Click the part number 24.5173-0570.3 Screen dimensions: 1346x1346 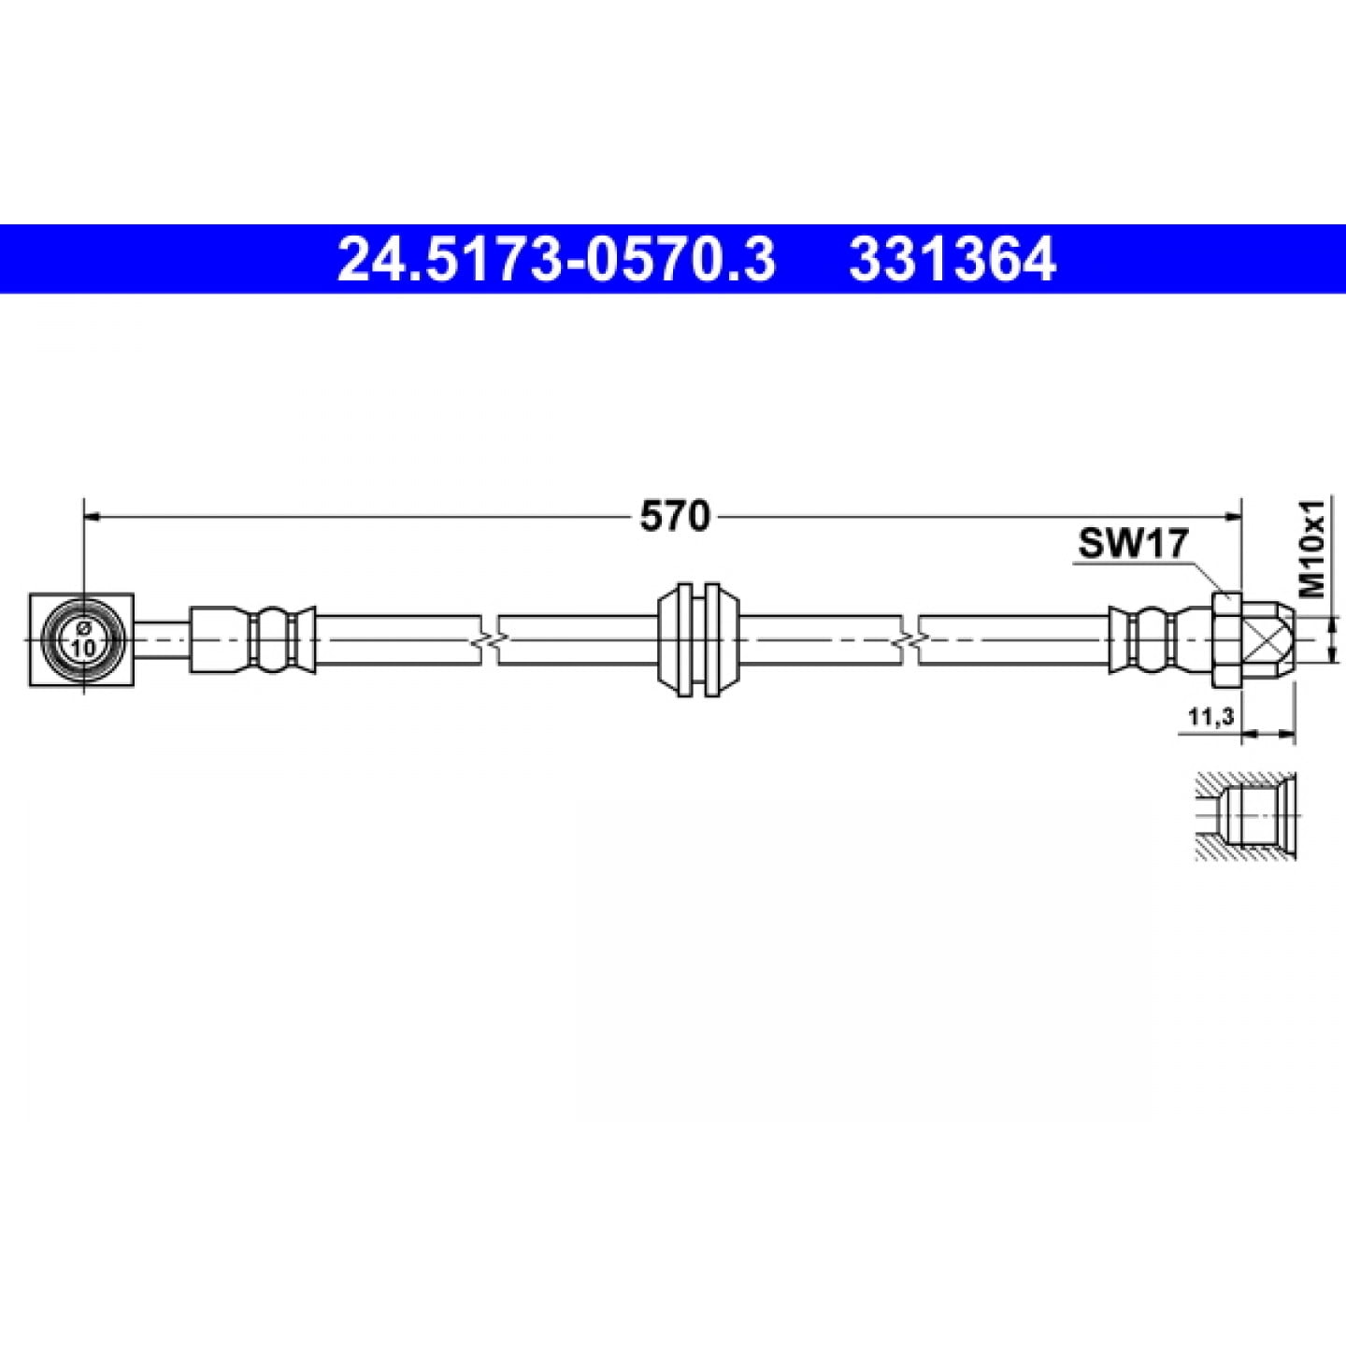556,259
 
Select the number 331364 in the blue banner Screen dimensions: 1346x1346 952,259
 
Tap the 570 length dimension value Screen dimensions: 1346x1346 675,517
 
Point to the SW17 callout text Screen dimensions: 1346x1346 1133,543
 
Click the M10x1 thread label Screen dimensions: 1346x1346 1312,549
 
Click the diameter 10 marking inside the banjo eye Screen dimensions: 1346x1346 83,640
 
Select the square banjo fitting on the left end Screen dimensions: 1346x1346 81,640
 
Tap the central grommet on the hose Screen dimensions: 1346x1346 698,639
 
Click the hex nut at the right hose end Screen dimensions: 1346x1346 1226,639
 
